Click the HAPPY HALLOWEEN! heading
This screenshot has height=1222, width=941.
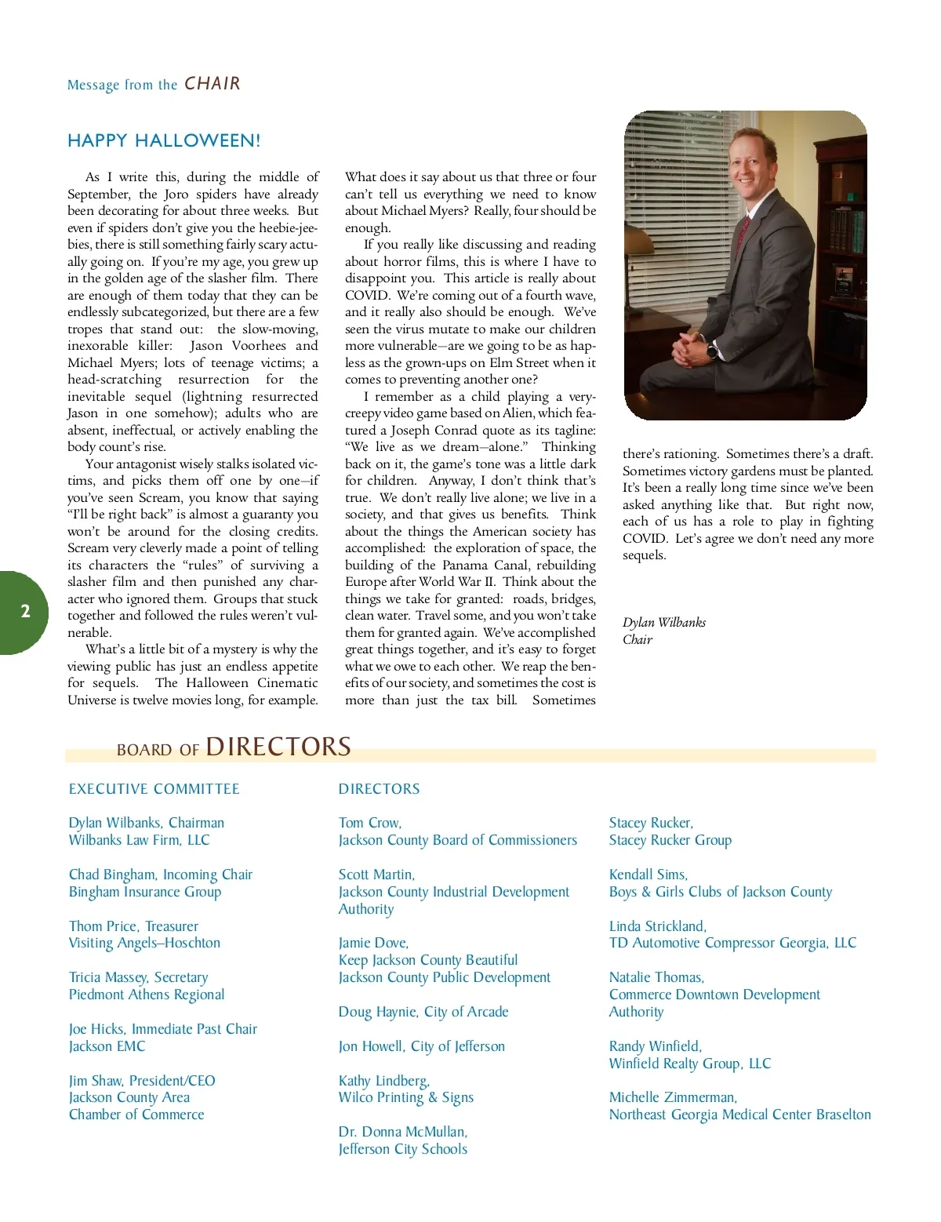(x=164, y=140)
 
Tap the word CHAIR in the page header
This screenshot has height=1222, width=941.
(x=213, y=84)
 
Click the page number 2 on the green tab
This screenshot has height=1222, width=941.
(x=25, y=612)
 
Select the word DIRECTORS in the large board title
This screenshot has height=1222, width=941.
(x=278, y=747)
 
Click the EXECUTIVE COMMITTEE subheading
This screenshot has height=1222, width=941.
(x=154, y=789)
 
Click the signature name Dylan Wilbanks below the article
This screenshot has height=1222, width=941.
(x=664, y=623)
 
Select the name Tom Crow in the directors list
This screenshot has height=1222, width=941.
(x=369, y=823)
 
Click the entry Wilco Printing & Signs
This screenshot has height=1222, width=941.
(x=406, y=1097)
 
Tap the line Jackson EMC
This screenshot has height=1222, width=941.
(x=107, y=1046)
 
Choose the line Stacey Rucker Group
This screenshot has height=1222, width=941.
(x=670, y=840)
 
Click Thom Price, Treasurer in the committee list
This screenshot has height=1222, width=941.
(x=133, y=926)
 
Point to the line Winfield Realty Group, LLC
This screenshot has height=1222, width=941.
(x=690, y=1064)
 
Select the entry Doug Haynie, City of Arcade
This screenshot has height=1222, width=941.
(x=423, y=1012)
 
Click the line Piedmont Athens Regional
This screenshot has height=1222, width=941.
(x=147, y=995)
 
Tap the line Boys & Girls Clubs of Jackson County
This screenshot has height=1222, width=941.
(x=721, y=892)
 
